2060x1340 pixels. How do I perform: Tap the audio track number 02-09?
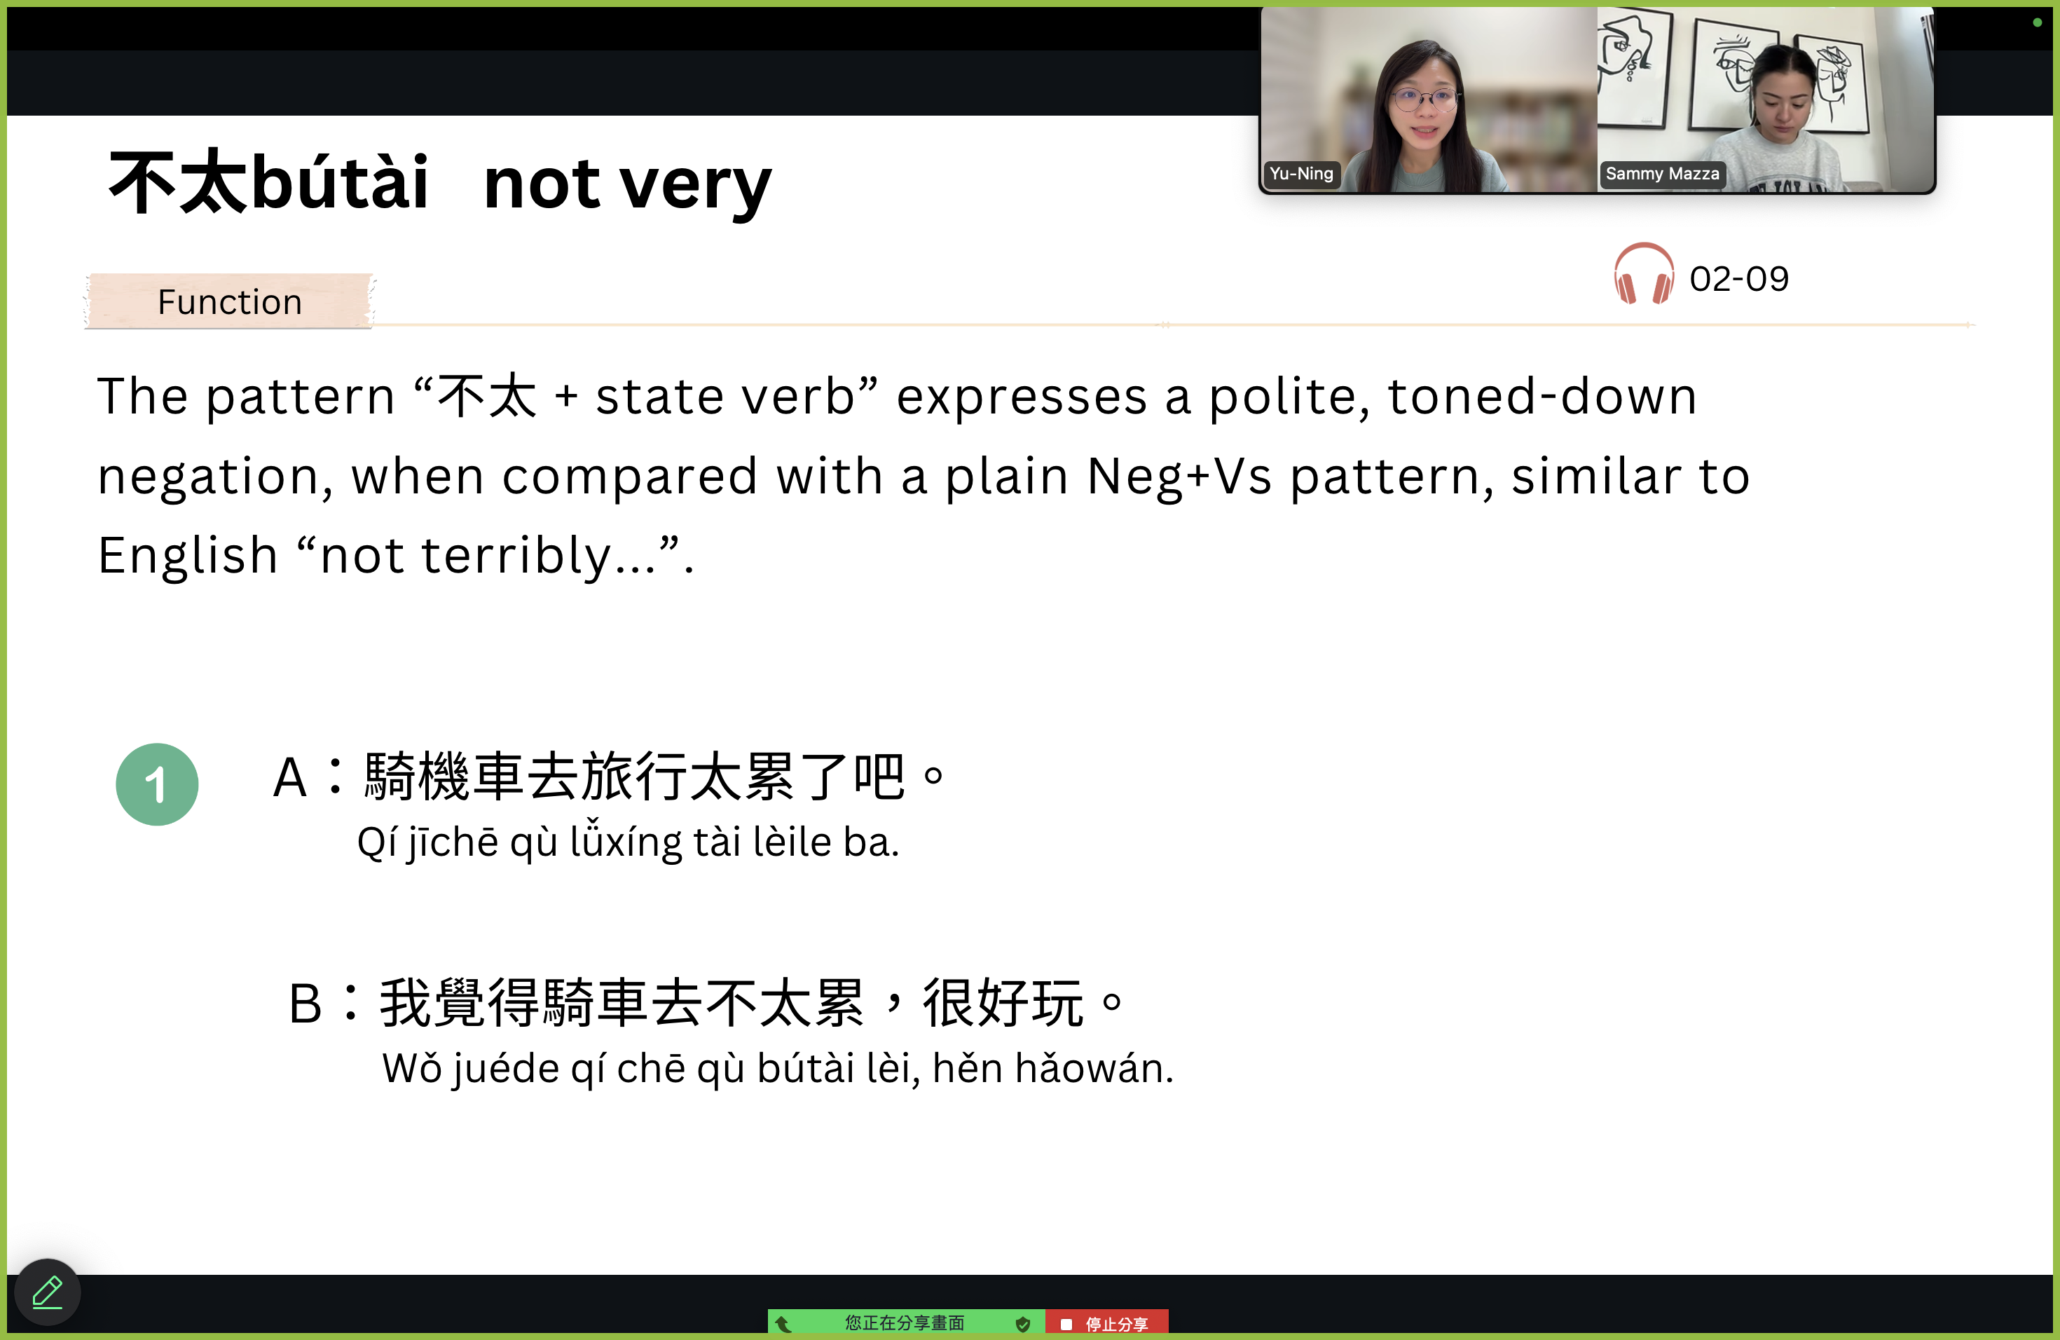[x=1739, y=279]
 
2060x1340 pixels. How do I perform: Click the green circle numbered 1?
[x=158, y=784]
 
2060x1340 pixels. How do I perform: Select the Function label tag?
[x=231, y=301]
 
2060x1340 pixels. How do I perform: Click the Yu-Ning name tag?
[x=1301, y=173]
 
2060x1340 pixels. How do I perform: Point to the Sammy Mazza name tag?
[x=1662, y=173]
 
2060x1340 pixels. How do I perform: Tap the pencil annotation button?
[x=48, y=1292]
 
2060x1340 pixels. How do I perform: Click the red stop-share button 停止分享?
[x=1107, y=1324]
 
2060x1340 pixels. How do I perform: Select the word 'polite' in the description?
[x=1289, y=397]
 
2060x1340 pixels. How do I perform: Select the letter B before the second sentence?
[x=305, y=1004]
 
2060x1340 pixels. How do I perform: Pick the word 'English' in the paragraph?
[x=188, y=556]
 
